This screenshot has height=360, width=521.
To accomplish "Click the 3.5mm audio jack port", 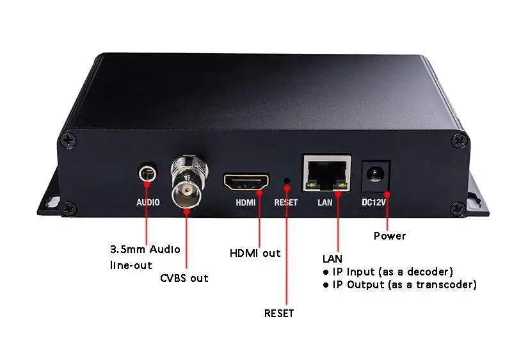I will (148, 174).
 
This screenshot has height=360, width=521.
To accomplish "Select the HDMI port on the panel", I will (246, 181).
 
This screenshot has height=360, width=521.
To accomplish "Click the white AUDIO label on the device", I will (148, 202).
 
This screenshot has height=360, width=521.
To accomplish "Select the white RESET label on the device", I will (286, 202).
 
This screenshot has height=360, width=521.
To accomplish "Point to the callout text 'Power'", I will (390, 236).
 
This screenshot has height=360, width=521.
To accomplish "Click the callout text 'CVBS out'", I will (184, 278).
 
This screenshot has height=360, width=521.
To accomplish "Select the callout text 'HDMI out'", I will (255, 253).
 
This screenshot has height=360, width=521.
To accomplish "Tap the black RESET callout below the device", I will (279, 313).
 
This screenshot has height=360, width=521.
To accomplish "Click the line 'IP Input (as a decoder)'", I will (392, 272).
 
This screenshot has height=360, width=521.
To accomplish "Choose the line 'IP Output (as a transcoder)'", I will (404, 284).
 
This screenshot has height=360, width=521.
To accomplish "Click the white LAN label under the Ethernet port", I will (326, 202).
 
